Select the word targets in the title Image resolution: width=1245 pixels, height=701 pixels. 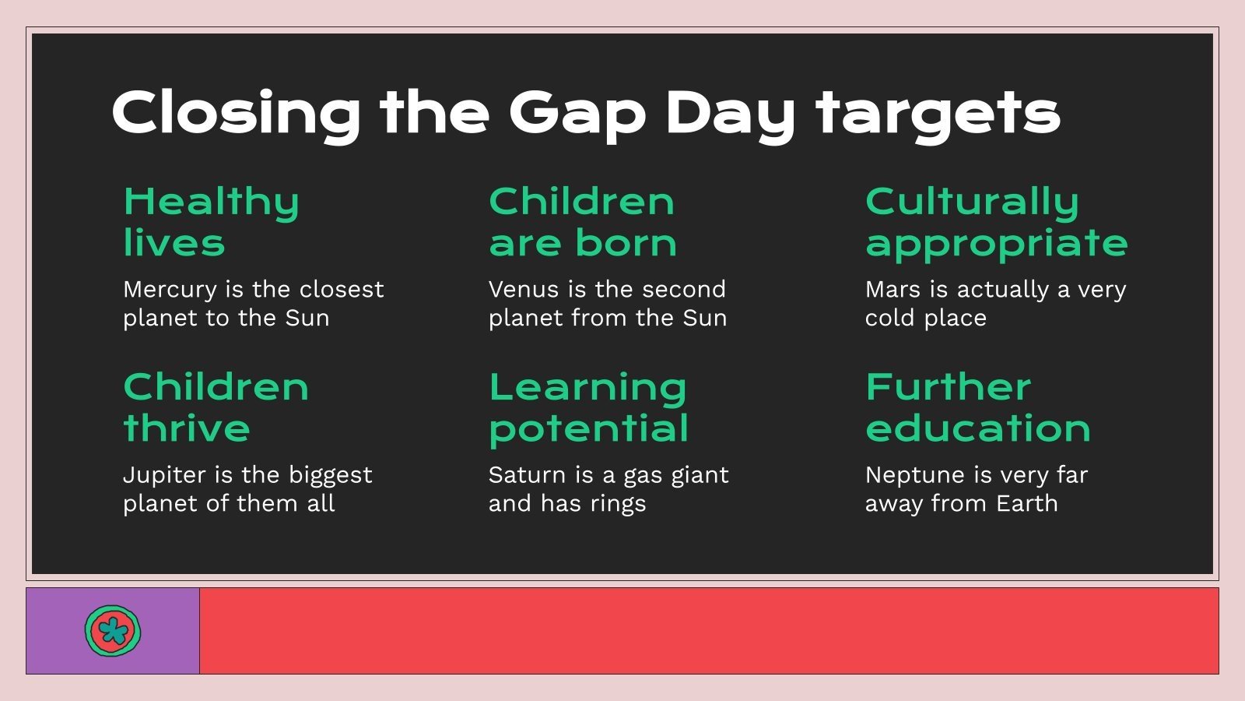(x=938, y=113)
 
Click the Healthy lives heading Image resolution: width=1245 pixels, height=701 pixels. (x=211, y=222)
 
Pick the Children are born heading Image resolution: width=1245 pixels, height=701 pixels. (x=583, y=222)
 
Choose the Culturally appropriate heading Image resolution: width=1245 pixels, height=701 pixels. (x=996, y=222)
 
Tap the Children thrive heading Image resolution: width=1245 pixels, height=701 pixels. (x=216, y=407)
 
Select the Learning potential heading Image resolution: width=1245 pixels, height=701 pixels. (x=588, y=407)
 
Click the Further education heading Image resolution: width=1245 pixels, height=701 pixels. (x=978, y=407)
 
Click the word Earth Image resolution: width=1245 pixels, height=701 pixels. (x=1026, y=503)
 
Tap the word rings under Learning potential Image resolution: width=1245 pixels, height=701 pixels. (x=618, y=504)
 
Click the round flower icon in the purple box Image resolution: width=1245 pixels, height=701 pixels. (x=113, y=630)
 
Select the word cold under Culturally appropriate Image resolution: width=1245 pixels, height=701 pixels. (x=889, y=318)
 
